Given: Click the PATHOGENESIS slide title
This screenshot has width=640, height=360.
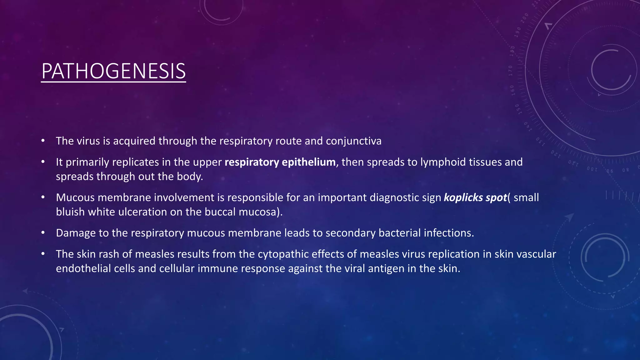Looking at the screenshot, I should (113, 71).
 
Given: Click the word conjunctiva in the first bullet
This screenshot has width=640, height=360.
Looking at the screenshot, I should (353, 141).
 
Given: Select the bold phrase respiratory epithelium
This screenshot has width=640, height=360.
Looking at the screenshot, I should (280, 162).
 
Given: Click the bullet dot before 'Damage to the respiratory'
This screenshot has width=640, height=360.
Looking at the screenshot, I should (43, 233).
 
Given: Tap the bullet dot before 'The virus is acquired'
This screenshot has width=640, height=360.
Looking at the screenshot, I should (43, 141).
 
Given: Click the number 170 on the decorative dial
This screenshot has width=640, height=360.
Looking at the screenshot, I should (510, 71).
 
